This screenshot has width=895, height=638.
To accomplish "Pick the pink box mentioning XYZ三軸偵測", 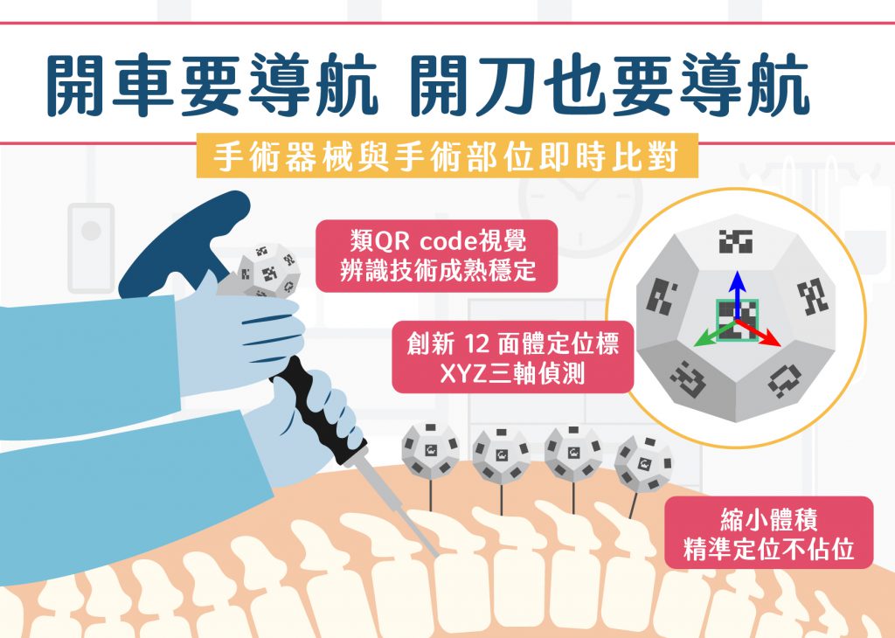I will click(513, 359).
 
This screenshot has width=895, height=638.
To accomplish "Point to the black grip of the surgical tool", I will click(323, 412).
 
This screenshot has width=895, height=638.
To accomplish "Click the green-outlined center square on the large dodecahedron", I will click(736, 322).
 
